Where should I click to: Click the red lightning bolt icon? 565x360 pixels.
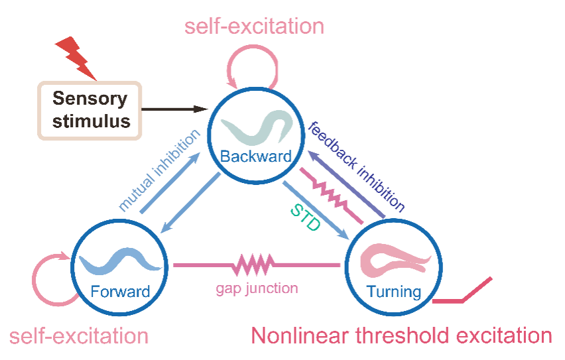78,58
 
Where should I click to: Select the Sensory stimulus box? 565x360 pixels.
90,110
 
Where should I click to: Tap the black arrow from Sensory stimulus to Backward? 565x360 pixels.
175,109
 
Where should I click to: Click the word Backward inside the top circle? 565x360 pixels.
256,156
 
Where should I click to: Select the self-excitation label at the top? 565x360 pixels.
254,27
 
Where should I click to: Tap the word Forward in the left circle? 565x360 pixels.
120,292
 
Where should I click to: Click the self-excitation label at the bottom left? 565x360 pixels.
79,336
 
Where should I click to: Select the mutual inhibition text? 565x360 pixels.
159,170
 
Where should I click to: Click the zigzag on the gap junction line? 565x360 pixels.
254,265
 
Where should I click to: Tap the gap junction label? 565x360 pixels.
257,288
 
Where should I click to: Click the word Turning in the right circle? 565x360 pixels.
394,292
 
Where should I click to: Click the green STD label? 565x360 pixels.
306,217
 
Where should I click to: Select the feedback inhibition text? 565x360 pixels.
356,167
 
